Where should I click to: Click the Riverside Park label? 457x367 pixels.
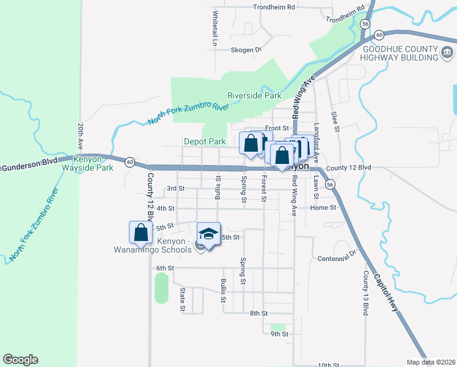(254, 95)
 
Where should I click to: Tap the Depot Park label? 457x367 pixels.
(205, 141)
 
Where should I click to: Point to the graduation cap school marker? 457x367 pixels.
(208, 234)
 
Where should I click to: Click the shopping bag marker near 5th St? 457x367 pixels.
(141, 232)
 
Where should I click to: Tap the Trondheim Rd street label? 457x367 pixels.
(273, 7)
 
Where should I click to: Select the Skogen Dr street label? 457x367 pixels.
(246, 50)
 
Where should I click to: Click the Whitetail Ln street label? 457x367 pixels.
(215, 29)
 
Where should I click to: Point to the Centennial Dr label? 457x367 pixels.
(337, 259)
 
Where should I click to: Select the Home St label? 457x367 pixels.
(323, 208)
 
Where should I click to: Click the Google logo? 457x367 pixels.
(20, 360)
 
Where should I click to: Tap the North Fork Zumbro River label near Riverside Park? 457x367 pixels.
(188, 114)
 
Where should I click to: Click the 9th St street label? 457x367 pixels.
(279, 334)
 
